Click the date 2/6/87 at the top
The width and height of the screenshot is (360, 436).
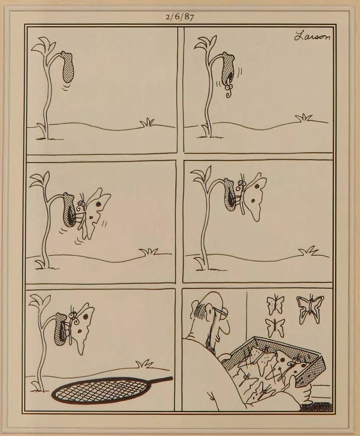[180, 17]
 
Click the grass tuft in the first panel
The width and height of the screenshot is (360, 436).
[147, 122]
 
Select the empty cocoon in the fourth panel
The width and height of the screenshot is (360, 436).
[230, 195]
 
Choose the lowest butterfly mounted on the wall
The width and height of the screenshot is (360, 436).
[275, 327]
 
